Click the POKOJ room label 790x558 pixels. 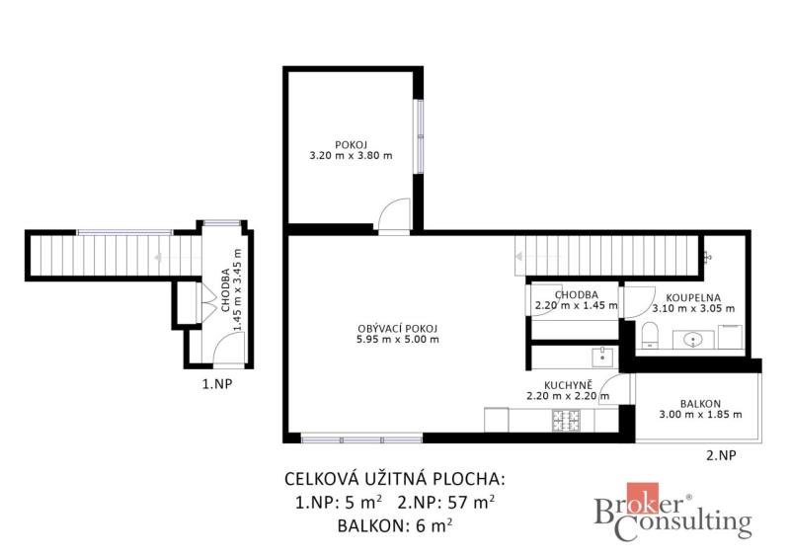[351, 145]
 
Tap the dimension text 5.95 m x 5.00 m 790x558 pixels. [398, 339]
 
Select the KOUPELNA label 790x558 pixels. [693, 298]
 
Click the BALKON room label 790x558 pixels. [700, 404]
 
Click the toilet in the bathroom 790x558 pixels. [650, 336]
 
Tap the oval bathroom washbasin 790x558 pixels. [693, 341]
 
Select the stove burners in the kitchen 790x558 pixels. [566, 421]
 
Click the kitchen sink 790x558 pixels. [603, 356]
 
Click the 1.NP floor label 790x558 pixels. [217, 384]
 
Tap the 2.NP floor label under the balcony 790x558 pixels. [721, 455]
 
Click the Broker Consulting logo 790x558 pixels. [673, 512]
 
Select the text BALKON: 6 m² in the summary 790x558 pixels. [394, 525]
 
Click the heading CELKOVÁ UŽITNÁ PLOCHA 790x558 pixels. [394, 478]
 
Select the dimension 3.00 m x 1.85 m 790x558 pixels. [700, 415]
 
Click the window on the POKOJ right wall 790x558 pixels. [418, 136]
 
